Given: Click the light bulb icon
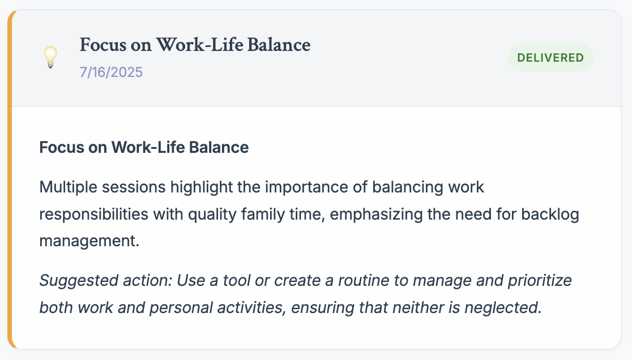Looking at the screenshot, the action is [x=50, y=57].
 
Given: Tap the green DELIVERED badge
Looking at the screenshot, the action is [x=550, y=58].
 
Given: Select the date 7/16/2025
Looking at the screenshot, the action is [x=111, y=72].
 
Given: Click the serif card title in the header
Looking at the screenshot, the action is [x=195, y=45].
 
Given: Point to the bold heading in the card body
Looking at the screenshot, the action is [x=144, y=147].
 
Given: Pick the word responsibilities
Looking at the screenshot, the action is [x=94, y=214].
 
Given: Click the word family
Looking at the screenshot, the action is [x=263, y=214].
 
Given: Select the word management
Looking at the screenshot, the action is [x=89, y=241].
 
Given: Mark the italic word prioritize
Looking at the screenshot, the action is [x=540, y=281].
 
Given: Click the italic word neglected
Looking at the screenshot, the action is [x=503, y=308].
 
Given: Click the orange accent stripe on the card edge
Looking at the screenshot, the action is [x=10, y=179].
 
